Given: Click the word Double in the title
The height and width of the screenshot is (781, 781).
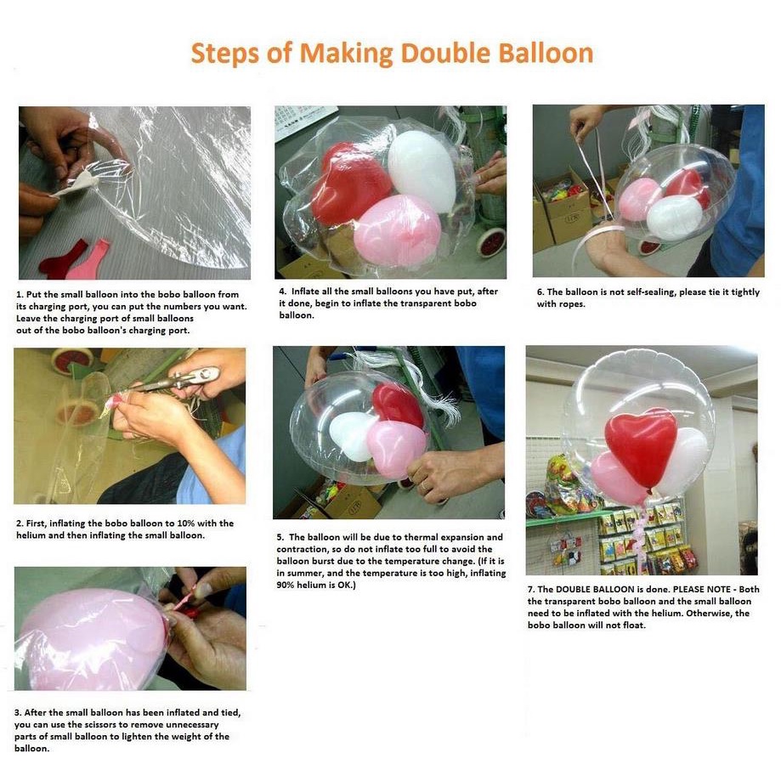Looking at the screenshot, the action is [x=445, y=53].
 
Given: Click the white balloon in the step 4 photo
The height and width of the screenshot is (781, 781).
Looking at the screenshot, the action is [x=422, y=170].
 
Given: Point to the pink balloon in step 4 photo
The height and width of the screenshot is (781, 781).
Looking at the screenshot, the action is [x=398, y=230].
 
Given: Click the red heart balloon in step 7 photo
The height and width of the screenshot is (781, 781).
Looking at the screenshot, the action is [x=641, y=446].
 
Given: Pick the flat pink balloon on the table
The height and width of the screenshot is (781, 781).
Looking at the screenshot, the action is [x=88, y=259].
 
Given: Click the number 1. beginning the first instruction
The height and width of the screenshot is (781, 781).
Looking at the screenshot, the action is [x=20, y=294].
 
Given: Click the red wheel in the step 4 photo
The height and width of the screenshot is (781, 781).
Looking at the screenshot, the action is [x=491, y=242].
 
